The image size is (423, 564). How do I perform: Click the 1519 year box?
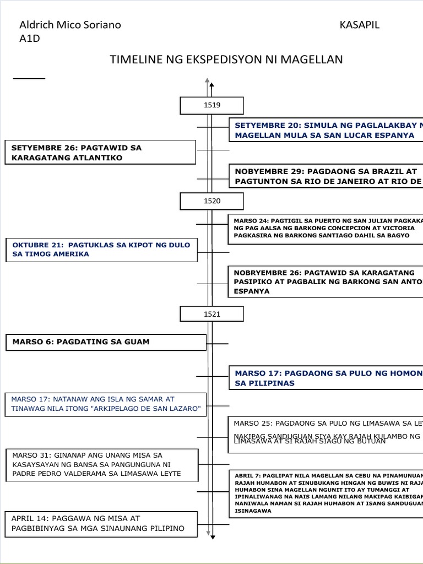(x=211, y=105)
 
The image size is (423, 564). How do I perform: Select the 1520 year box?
(x=211, y=201)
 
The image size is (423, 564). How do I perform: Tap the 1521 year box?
(x=211, y=314)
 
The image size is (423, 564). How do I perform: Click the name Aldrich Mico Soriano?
(x=70, y=25)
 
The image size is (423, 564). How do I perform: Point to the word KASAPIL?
(x=360, y=25)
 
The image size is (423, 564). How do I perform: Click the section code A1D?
(x=30, y=38)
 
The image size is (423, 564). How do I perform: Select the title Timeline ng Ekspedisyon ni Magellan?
(x=226, y=59)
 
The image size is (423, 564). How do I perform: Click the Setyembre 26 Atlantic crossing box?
(x=100, y=153)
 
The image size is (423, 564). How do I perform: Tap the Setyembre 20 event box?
(x=326, y=130)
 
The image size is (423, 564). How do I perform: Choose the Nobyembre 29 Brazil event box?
(x=326, y=176)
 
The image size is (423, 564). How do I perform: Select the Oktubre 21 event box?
(x=101, y=250)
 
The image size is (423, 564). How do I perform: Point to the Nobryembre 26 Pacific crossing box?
(x=326, y=281)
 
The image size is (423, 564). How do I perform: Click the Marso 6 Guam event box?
(x=106, y=342)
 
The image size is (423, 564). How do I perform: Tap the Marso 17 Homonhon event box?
(x=326, y=378)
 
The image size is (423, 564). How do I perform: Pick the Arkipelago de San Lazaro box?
(x=106, y=404)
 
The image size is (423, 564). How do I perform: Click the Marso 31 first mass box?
(x=102, y=465)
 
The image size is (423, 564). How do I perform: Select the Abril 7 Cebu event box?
(x=326, y=493)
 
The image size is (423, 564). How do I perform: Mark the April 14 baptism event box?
(x=102, y=524)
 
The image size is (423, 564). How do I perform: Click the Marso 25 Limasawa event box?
(x=326, y=434)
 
